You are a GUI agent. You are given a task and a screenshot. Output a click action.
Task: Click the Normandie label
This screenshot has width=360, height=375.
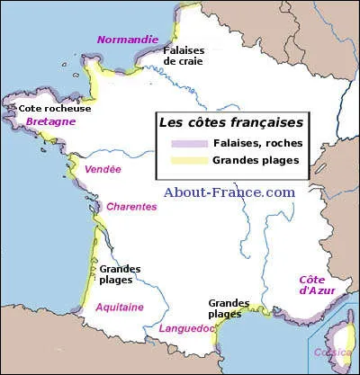tap(126, 40)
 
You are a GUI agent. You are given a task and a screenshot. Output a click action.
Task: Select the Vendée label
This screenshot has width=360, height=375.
tap(102, 169)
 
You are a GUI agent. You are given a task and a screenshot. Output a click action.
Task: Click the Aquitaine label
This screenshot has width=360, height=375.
tap(119, 307)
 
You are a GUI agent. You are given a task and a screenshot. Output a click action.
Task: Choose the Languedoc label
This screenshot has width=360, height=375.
tap(186, 328)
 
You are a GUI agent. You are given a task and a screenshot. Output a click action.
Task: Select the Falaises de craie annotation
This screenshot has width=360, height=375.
tap(184, 56)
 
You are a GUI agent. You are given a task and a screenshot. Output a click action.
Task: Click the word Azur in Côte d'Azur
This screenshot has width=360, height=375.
tap(321, 290)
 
